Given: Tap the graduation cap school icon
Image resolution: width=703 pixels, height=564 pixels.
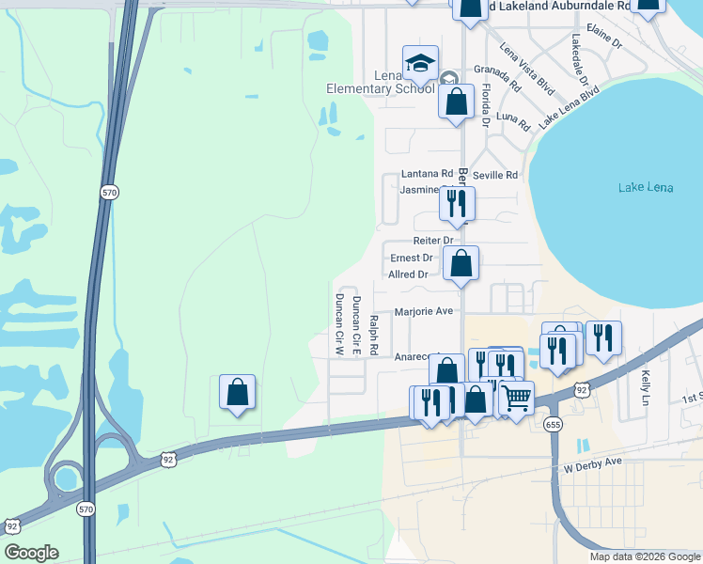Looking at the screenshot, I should tap(420, 64).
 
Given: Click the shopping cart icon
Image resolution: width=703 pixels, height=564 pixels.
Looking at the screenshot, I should tap(515, 398).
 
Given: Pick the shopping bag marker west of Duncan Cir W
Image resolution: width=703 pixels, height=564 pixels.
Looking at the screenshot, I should tap(238, 392).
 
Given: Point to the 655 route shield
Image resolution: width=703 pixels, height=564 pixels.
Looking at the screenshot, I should tap(552, 425).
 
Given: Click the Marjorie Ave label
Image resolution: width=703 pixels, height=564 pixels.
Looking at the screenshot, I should tap(424, 311).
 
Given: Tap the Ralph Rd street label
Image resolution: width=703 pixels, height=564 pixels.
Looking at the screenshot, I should tap(373, 336).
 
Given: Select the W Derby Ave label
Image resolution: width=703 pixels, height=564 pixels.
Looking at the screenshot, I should tap(594, 462).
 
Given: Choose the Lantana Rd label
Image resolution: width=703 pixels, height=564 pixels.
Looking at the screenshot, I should tap(427, 174).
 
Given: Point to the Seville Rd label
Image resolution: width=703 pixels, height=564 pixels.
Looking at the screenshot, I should tap(495, 175).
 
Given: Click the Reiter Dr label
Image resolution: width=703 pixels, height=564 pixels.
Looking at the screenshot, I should tap(433, 242).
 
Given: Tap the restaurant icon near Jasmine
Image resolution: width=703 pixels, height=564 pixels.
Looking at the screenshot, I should tap(457, 203).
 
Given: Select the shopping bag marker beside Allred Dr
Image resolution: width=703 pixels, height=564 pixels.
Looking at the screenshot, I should tap(461, 263).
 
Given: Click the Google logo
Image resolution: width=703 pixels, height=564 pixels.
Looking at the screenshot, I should tap(31, 553).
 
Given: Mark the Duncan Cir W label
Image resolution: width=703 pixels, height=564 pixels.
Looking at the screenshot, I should tap(339, 324).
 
